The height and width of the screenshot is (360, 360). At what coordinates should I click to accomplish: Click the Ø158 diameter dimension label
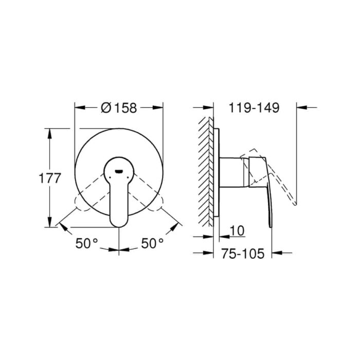119,107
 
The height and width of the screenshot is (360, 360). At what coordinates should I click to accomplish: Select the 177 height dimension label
50,178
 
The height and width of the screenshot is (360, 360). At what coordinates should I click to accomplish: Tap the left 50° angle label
87,243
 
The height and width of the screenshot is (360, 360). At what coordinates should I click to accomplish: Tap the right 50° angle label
152,243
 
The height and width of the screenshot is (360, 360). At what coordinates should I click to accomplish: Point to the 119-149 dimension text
254,107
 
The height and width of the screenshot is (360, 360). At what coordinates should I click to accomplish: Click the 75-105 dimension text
243,254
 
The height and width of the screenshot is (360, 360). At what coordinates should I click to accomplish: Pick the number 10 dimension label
237,230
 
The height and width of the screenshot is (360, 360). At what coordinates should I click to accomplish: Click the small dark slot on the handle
119,171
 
